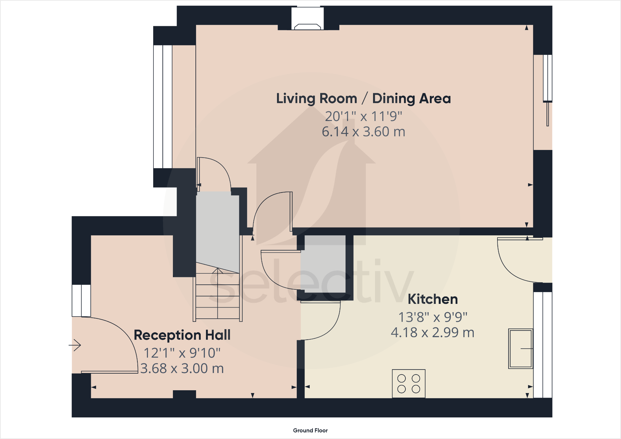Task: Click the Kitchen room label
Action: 433,299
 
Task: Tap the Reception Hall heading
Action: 182,335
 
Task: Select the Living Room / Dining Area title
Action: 363,99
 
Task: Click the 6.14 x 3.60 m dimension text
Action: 363,132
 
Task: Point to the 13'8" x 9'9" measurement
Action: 433,317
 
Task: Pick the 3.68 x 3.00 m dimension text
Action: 182,368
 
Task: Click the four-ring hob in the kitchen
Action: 409,383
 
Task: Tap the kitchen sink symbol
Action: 521,349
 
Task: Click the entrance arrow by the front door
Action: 75,345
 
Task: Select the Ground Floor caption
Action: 310,430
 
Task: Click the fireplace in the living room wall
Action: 308,19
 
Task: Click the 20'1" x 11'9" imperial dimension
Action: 363,116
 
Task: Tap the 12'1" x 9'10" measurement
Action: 182,353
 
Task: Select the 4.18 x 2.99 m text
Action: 433,333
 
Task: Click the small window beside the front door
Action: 81,300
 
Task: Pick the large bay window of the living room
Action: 163,107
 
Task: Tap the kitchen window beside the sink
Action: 543,345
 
